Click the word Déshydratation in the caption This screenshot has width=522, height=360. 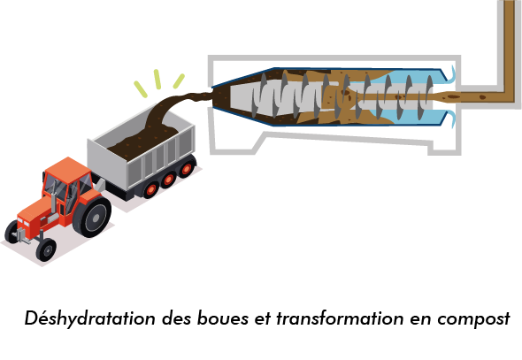point(90,318)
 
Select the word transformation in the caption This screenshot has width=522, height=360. point(340,318)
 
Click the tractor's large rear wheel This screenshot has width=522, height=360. point(92,217)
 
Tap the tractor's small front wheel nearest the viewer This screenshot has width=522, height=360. point(46,249)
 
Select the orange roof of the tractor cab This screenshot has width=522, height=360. point(67,169)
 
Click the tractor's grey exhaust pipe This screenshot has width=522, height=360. point(54,200)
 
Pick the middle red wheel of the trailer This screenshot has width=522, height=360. point(169,180)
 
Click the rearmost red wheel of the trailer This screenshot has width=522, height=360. point(187,169)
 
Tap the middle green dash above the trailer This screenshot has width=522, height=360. point(157,80)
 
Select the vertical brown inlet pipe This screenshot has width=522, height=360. point(510,47)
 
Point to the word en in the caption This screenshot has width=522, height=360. point(420,320)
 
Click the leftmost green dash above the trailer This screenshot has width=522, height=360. point(141,89)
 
